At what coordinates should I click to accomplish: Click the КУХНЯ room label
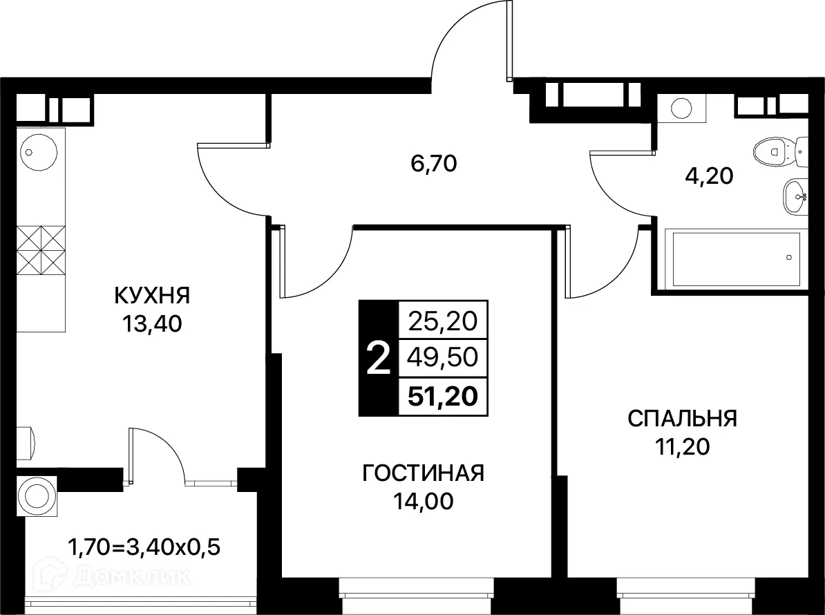(x=152, y=296)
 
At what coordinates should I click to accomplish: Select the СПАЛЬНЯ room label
(x=682, y=419)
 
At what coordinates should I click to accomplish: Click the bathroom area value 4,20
(x=709, y=176)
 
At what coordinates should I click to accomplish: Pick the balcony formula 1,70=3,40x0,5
(x=144, y=550)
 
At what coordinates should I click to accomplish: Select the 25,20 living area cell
(x=442, y=321)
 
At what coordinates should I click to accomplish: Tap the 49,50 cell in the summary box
(x=442, y=358)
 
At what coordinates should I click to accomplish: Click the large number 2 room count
(x=377, y=359)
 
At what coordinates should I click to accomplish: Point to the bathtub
(x=732, y=258)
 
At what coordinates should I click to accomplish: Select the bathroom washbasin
(x=795, y=196)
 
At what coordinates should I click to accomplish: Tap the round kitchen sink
(x=32, y=151)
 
